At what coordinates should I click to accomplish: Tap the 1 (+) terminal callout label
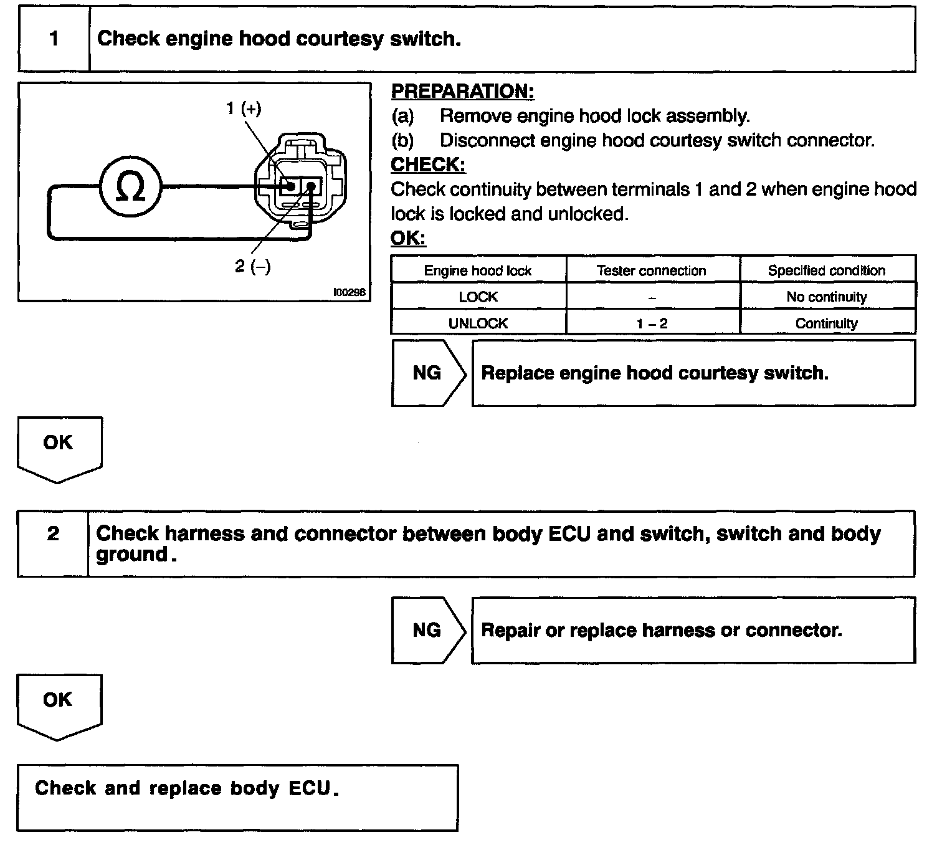tap(244, 108)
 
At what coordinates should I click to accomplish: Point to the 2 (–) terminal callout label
tap(253, 267)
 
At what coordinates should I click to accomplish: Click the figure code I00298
tap(350, 292)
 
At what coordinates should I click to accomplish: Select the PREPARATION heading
tap(462, 92)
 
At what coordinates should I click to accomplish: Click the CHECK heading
tap(427, 165)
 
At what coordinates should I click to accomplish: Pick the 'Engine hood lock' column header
tap(478, 270)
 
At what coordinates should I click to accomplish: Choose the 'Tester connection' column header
tap(651, 270)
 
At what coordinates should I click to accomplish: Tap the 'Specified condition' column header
tap(826, 270)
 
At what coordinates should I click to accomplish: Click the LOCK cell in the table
tap(478, 297)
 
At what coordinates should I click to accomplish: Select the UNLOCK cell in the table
tap(478, 323)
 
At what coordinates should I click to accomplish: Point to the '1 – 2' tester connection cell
tap(652, 323)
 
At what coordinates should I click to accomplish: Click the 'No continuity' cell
tap(826, 297)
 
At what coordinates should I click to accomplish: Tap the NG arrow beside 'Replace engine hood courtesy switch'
tap(427, 373)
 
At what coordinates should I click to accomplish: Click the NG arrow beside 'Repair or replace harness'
tap(427, 630)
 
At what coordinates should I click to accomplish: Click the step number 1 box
tap(54, 39)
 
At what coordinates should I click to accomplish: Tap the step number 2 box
tap(53, 534)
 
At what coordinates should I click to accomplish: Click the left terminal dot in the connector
tap(291, 186)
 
